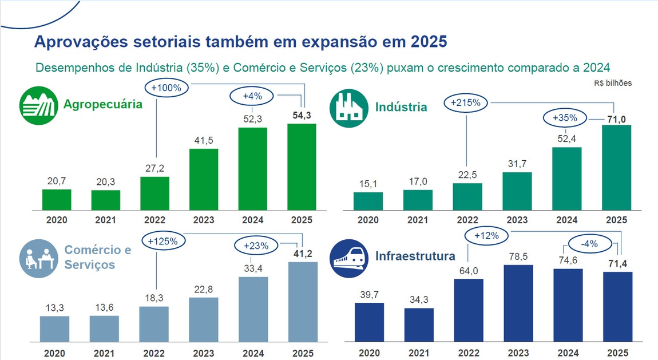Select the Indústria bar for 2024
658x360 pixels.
[x=566, y=179]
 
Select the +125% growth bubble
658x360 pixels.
[x=162, y=241]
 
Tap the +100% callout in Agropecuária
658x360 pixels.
[x=166, y=88]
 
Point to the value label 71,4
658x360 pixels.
[x=618, y=263]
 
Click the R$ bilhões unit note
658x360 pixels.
[x=612, y=83]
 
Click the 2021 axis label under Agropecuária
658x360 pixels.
[x=106, y=220]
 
